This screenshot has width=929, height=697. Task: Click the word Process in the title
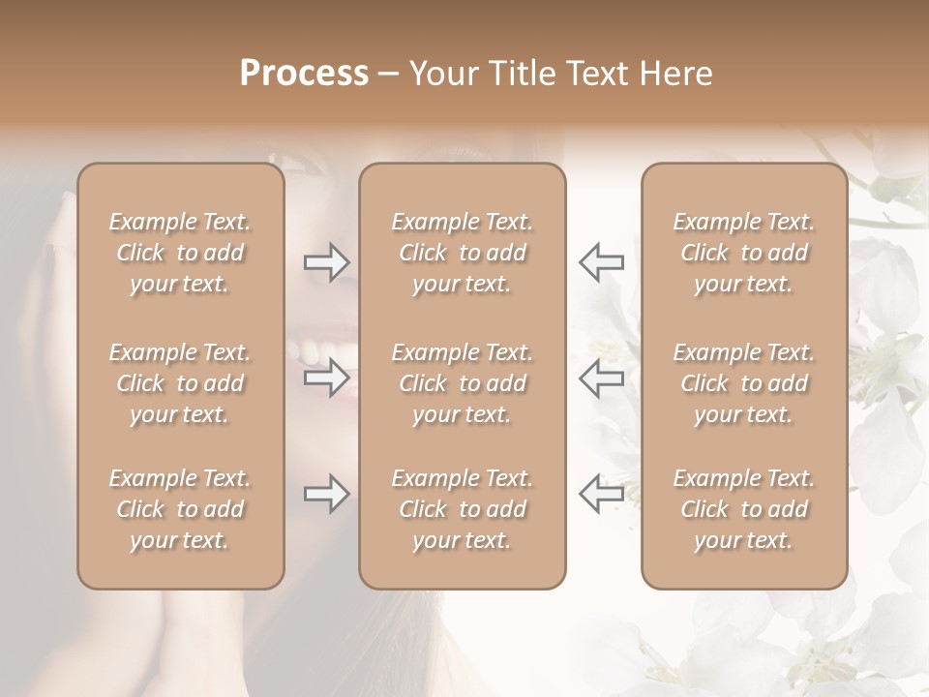[x=304, y=74]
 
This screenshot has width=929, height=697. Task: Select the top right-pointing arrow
[x=327, y=261]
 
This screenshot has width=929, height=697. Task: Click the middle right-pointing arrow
[x=327, y=378]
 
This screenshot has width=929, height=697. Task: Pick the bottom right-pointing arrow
[x=327, y=494]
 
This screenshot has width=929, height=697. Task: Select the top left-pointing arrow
[x=602, y=261]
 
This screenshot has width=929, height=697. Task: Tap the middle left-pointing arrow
[x=602, y=378]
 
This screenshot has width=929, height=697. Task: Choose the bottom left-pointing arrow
[x=602, y=494]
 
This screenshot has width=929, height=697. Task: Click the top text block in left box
[x=180, y=253]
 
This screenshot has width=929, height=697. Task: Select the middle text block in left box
[x=180, y=383]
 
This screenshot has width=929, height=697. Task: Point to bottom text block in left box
[x=180, y=509]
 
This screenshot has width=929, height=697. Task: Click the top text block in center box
[x=462, y=253]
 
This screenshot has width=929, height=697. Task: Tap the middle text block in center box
[x=462, y=383]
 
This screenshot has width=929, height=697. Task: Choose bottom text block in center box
[x=462, y=509]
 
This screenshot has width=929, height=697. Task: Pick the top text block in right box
[x=744, y=253]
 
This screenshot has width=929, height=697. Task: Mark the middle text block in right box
[x=744, y=383]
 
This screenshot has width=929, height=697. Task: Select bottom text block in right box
[x=744, y=509]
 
